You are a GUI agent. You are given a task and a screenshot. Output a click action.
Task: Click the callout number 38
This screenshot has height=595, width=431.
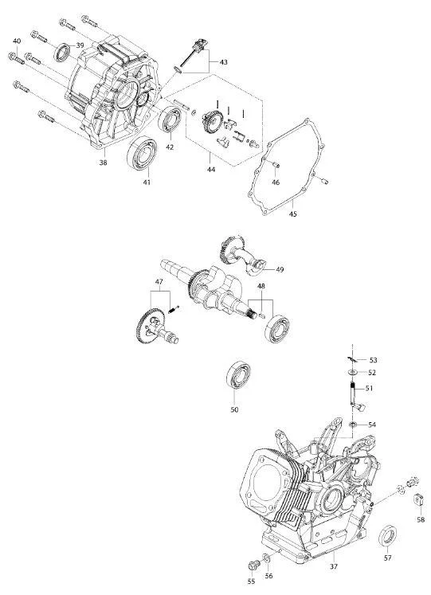click(x=104, y=162)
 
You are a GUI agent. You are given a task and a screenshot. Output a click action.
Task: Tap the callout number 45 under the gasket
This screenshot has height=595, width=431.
click(x=293, y=214)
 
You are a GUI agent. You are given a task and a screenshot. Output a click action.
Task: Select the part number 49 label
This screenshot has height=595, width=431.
click(x=280, y=270)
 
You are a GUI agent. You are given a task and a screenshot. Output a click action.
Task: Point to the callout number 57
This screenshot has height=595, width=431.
click(x=387, y=558)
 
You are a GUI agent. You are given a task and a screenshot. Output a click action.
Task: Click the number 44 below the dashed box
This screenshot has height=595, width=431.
click(x=211, y=169)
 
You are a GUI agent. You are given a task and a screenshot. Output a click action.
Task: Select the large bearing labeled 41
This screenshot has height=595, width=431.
click(x=143, y=153)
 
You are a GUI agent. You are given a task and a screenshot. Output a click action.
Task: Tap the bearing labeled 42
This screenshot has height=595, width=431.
click(x=170, y=120)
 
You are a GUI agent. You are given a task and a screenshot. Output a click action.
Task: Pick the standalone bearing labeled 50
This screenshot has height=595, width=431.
click(x=239, y=376)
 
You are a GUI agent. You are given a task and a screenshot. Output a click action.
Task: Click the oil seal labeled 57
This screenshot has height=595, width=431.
click(x=388, y=535)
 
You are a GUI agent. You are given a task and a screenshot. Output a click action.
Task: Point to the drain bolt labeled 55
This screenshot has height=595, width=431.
click(x=253, y=565)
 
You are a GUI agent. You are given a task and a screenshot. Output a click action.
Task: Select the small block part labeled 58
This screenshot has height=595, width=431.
click(x=417, y=499)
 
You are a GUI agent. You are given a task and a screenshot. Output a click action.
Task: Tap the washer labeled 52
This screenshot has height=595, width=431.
click(x=353, y=372)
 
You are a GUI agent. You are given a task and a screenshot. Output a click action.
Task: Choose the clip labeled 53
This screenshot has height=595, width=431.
click(x=351, y=359)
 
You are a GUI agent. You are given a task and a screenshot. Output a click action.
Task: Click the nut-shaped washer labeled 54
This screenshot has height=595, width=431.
click(x=353, y=425)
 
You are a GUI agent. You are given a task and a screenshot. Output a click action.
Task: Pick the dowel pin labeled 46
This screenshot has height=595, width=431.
click(x=276, y=164)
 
